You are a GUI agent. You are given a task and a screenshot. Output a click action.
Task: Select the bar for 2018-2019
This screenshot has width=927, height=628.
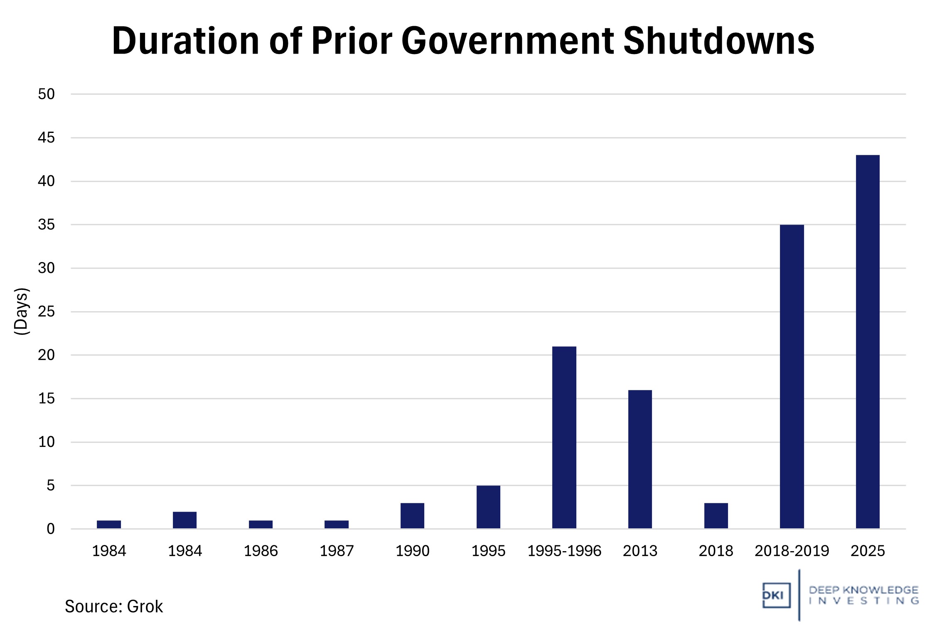point(792,376)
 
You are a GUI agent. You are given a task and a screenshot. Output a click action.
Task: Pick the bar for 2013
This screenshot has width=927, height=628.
point(640,459)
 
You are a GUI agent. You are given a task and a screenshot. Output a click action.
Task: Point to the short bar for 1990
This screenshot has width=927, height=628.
point(412,515)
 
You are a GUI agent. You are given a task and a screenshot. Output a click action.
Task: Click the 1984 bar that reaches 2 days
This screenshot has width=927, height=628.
point(184,520)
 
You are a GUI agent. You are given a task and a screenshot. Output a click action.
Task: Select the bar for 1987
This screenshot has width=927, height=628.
point(336,524)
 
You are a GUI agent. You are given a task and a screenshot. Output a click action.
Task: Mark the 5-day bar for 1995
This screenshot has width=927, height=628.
point(488,507)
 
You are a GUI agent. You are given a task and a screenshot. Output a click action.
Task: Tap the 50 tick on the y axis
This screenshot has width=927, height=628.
point(46,94)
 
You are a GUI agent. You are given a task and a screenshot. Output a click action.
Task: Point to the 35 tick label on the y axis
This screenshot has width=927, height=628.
point(46,225)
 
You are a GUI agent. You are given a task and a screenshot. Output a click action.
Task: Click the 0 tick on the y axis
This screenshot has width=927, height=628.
point(50,529)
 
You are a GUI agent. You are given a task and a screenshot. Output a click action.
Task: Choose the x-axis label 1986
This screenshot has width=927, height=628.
point(261,551)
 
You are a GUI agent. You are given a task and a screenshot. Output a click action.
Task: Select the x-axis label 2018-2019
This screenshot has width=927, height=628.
point(792,551)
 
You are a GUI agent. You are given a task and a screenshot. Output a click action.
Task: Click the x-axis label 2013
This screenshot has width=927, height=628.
point(640,551)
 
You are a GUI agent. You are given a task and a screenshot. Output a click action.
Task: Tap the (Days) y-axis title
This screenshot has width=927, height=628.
point(21,311)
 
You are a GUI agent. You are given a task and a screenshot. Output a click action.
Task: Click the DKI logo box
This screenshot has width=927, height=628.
point(776,595)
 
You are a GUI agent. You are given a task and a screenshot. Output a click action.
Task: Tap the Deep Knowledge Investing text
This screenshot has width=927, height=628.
point(863,595)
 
